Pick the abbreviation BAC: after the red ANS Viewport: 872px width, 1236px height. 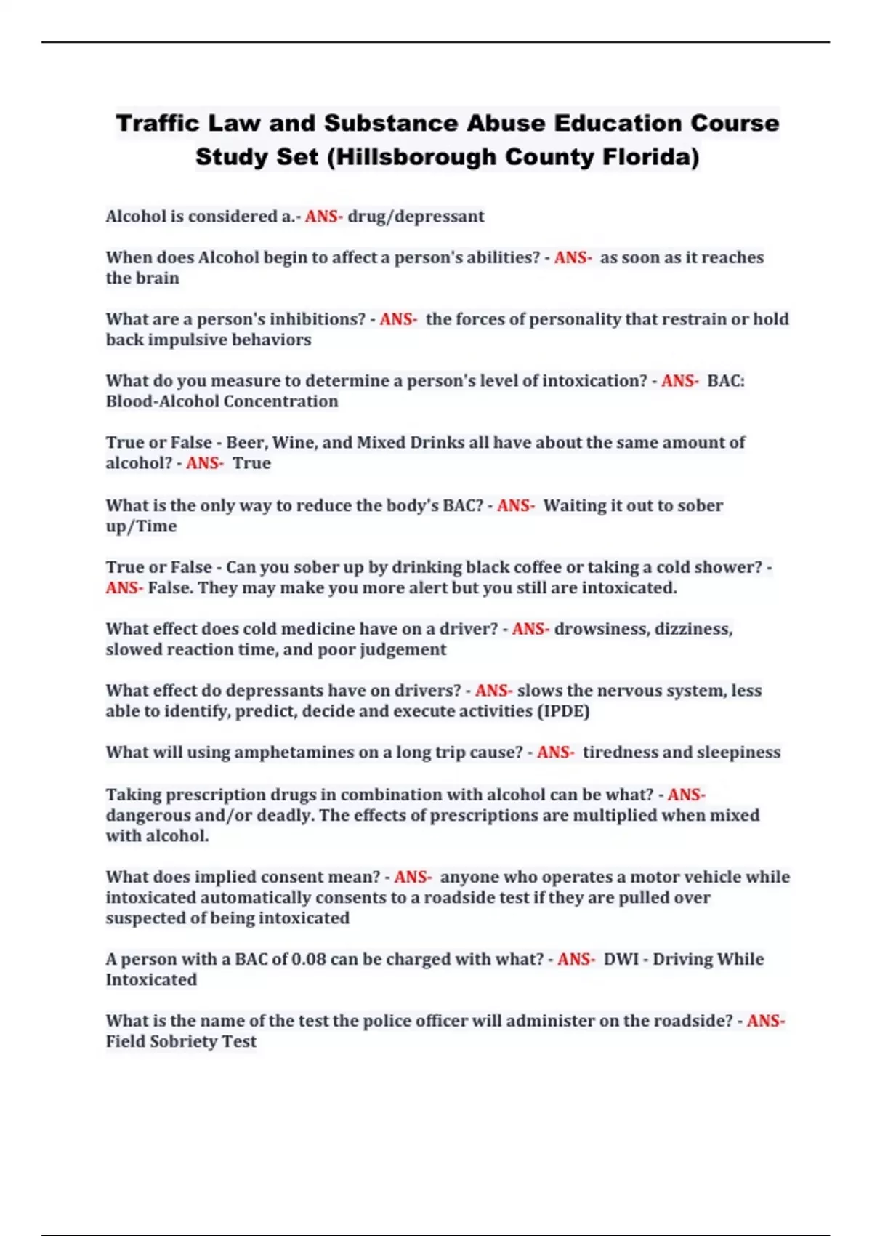pyautogui.click(x=725, y=381)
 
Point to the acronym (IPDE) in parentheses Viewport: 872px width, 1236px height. pyautogui.click(x=562, y=711)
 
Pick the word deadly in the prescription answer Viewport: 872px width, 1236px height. pyautogui.click(x=287, y=815)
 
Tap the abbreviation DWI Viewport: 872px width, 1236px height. pyautogui.click(x=621, y=960)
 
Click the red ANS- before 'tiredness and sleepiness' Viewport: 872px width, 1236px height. pyautogui.click(x=555, y=753)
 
